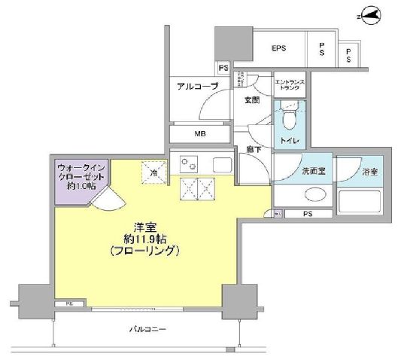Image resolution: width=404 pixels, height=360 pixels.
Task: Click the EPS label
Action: click(281, 50)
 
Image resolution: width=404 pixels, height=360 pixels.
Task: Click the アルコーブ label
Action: click(197, 87)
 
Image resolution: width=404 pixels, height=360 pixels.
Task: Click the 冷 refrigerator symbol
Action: click(153, 172)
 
